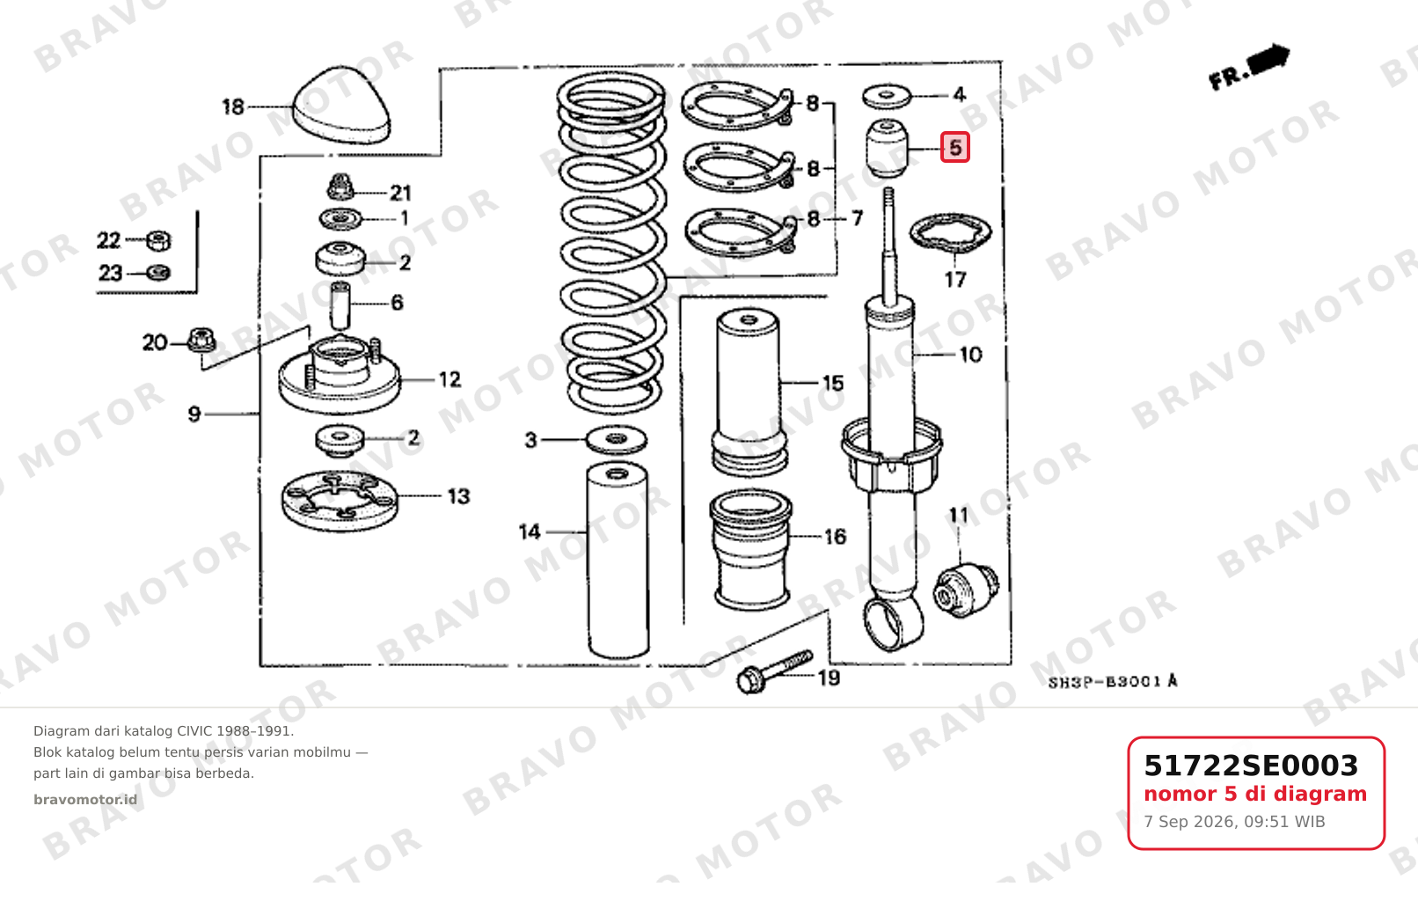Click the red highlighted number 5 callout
pos(954,148)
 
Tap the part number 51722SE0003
pos(1251,766)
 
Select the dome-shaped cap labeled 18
pos(341,105)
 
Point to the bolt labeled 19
pos(774,671)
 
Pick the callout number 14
pos(530,531)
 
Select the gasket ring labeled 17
pos(950,232)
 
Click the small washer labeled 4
pos(887,96)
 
